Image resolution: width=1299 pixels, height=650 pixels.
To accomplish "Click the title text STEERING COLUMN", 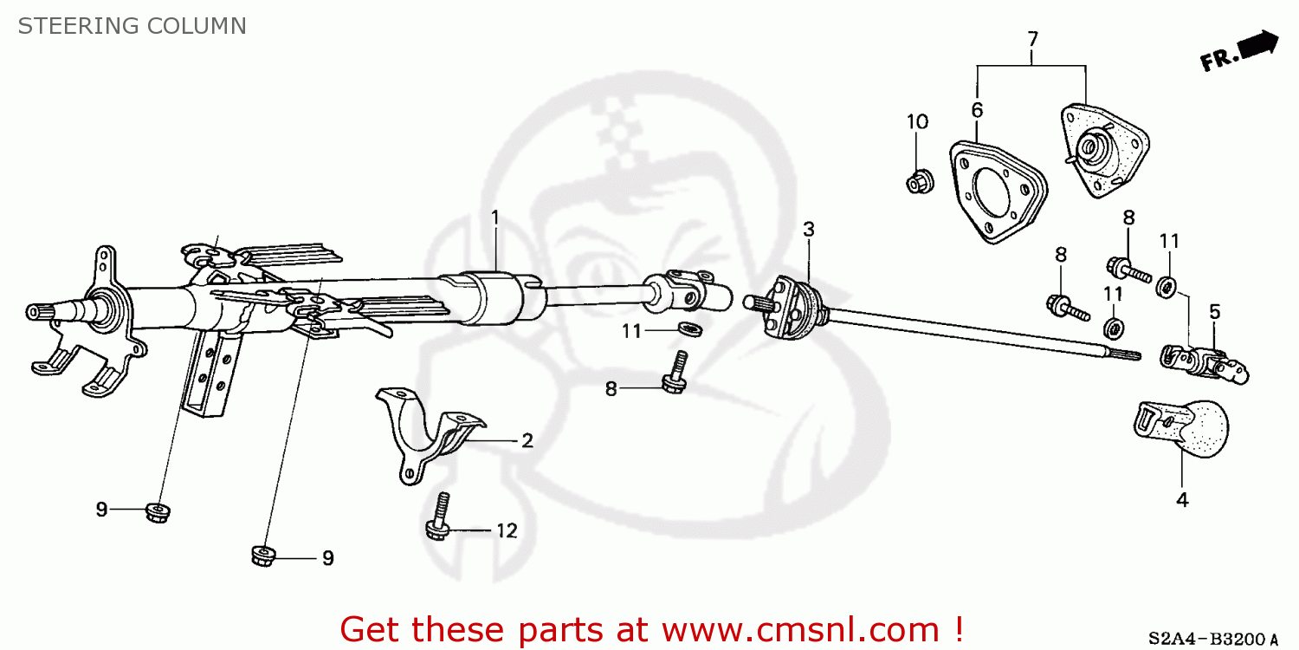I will [132, 26].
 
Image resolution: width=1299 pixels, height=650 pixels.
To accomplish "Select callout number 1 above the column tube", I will [495, 218].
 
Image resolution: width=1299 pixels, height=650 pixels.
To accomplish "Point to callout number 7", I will [1032, 39].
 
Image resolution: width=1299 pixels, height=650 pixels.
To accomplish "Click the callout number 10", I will [917, 121].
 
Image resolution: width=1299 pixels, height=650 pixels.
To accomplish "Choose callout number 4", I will [1182, 499].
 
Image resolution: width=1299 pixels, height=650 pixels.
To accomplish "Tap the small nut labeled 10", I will [917, 183].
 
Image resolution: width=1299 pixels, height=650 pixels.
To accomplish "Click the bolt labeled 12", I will [438, 517].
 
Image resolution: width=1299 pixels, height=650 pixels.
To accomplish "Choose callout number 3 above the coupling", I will [808, 230].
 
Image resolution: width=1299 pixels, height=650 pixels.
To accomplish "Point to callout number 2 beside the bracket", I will [527, 440].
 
